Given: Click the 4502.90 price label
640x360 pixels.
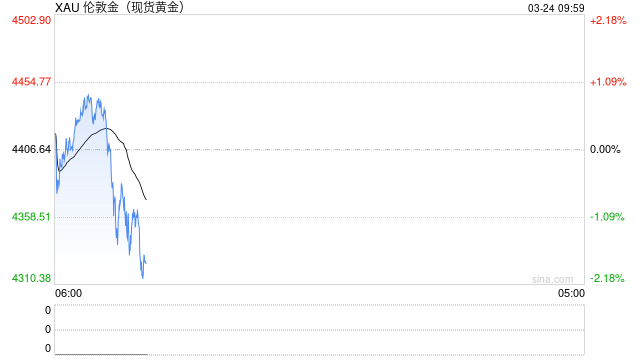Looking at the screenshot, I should (x=31, y=20).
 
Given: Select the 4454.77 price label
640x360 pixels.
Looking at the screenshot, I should (x=31, y=82).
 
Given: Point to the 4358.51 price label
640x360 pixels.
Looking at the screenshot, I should (x=31, y=216).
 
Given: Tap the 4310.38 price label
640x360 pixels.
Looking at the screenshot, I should (x=31, y=278).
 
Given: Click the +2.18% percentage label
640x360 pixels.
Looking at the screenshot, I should (x=607, y=20).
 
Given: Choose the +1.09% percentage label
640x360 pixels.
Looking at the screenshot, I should (x=607, y=82).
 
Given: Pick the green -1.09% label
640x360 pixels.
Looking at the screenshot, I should (x=607, y=216).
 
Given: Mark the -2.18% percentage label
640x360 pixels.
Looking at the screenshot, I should (x=607, y=278).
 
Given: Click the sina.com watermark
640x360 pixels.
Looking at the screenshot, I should (x=552, y=279).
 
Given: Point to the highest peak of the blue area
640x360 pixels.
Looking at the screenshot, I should (x=88, y=95).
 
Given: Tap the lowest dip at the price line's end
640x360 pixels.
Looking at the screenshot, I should (x=143, y=277).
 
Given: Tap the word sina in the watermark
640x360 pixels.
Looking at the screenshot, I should (x=541, y=279).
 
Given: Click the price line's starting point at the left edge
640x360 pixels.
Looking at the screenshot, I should (x=55, y=133).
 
